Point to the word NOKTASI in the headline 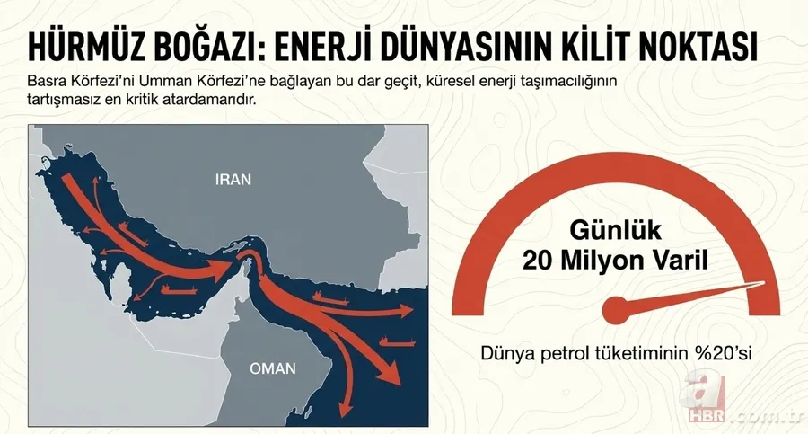click(727, 45)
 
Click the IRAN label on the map click(233, 179)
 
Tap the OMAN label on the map click(272, 368)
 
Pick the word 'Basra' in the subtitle click(47, 82)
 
